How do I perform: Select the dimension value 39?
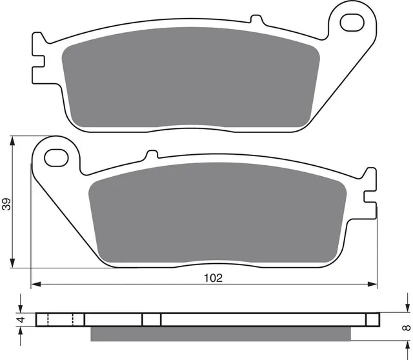click(6, 205)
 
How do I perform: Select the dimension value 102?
click(214, 278)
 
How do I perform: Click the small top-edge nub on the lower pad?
click(152, 155)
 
